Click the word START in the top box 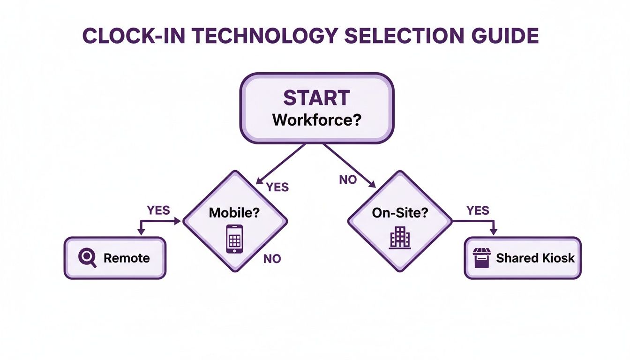316,98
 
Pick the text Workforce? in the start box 316,120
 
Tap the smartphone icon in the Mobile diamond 234,239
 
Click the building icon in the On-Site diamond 400,238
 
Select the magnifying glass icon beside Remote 87,258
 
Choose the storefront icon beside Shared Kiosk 482,258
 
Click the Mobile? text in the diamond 234,212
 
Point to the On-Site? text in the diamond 400,212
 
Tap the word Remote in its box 127,258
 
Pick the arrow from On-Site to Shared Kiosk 478,222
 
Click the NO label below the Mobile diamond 272,258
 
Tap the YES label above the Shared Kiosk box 478,210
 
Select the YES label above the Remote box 158,210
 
